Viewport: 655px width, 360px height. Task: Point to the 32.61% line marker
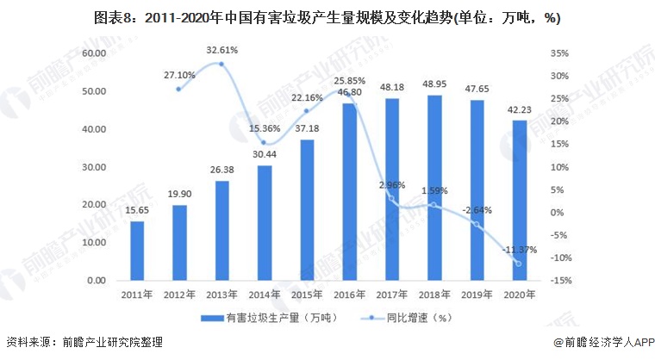click(221, 64)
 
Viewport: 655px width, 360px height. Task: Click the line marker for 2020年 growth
click(519, 264)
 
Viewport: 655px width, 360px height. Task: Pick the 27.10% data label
click(179, 75)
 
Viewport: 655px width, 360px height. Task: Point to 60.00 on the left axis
click(94, 53)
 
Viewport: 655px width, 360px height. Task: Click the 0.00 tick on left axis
click(97, 281)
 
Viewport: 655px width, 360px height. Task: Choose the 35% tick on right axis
click(558, 53)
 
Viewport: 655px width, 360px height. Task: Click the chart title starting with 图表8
click(327, 18)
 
